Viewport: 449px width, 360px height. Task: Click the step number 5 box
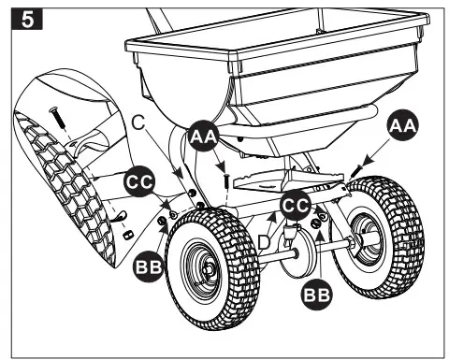click(x=18, y=19)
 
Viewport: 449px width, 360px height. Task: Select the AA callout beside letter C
click(x=202, y=137)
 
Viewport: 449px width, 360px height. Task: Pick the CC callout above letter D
click(x=297, y=204)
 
